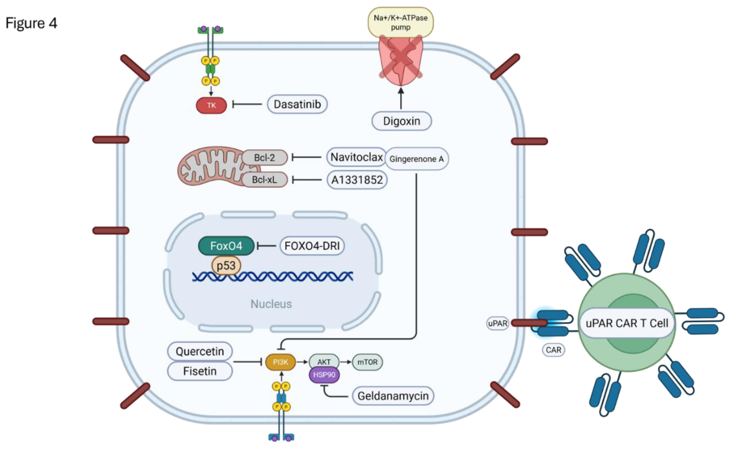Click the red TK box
tap(211, 105)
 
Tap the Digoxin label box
tap(401, 121)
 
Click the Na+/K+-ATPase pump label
tap(400, 22)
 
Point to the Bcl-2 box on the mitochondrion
tap(264, 157)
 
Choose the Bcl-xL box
tap(264, 180)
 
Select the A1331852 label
tap(357, 180)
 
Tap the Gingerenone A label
tap(416, 159)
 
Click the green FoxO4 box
tap(226, 246)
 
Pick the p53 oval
tap(226, 265)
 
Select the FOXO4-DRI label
tap(312, 246)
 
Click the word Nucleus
tap(271, 304)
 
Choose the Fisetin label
tap(200, 371)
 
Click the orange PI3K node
tap(280, 362)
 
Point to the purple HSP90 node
tap(324, 375)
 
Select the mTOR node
tap(367, 362)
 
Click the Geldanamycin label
tap(393, 396)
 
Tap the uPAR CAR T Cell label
tap(627, 323)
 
